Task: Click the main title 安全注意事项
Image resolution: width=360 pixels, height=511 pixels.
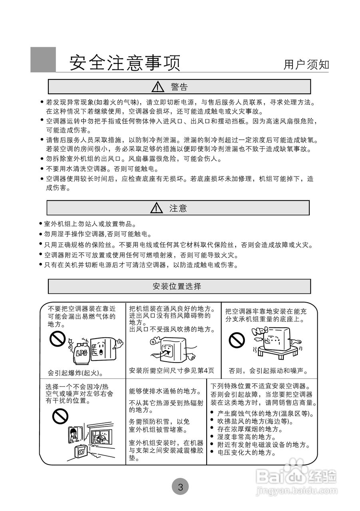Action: point(125,63)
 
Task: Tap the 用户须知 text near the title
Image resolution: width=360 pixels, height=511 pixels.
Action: point(306,64)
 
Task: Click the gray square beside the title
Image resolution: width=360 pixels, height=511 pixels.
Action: point(43,59)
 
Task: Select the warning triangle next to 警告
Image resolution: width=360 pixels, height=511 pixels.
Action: point(159,87)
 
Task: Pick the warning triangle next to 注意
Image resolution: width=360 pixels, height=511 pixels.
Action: point(157,208)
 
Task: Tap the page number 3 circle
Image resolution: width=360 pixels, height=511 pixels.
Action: point(180,487)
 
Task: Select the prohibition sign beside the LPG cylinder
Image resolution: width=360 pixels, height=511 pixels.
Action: point(58,340)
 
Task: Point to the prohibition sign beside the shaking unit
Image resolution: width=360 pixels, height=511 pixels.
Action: point(237,340)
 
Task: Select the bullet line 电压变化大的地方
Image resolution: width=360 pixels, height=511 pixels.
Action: point(247,452)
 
